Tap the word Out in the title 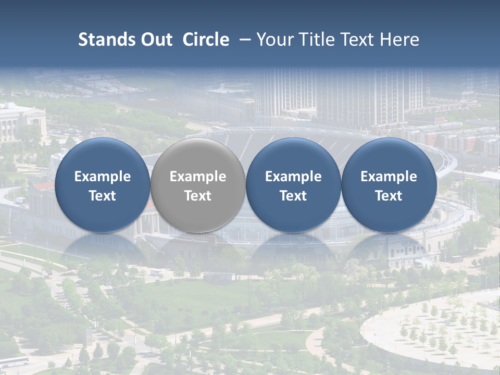156,40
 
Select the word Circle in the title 206,40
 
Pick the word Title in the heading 318,40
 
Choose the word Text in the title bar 358,40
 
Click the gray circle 198,185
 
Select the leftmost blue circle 102,185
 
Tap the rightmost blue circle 389,185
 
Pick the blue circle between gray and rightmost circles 293,185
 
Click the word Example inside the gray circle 198,177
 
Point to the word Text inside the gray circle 198,196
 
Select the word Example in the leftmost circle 102,177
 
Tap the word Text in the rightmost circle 389,196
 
